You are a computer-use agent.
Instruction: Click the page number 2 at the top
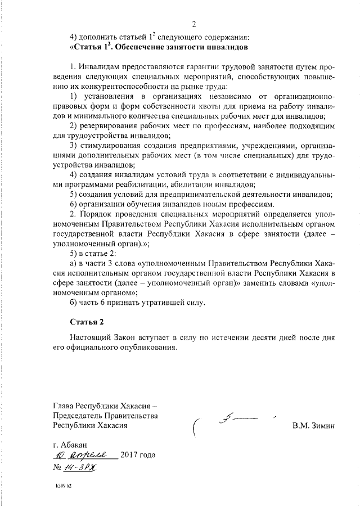coord(193,24)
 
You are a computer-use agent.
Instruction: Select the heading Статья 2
coord(87,322)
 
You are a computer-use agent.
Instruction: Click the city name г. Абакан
coord(68,444)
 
